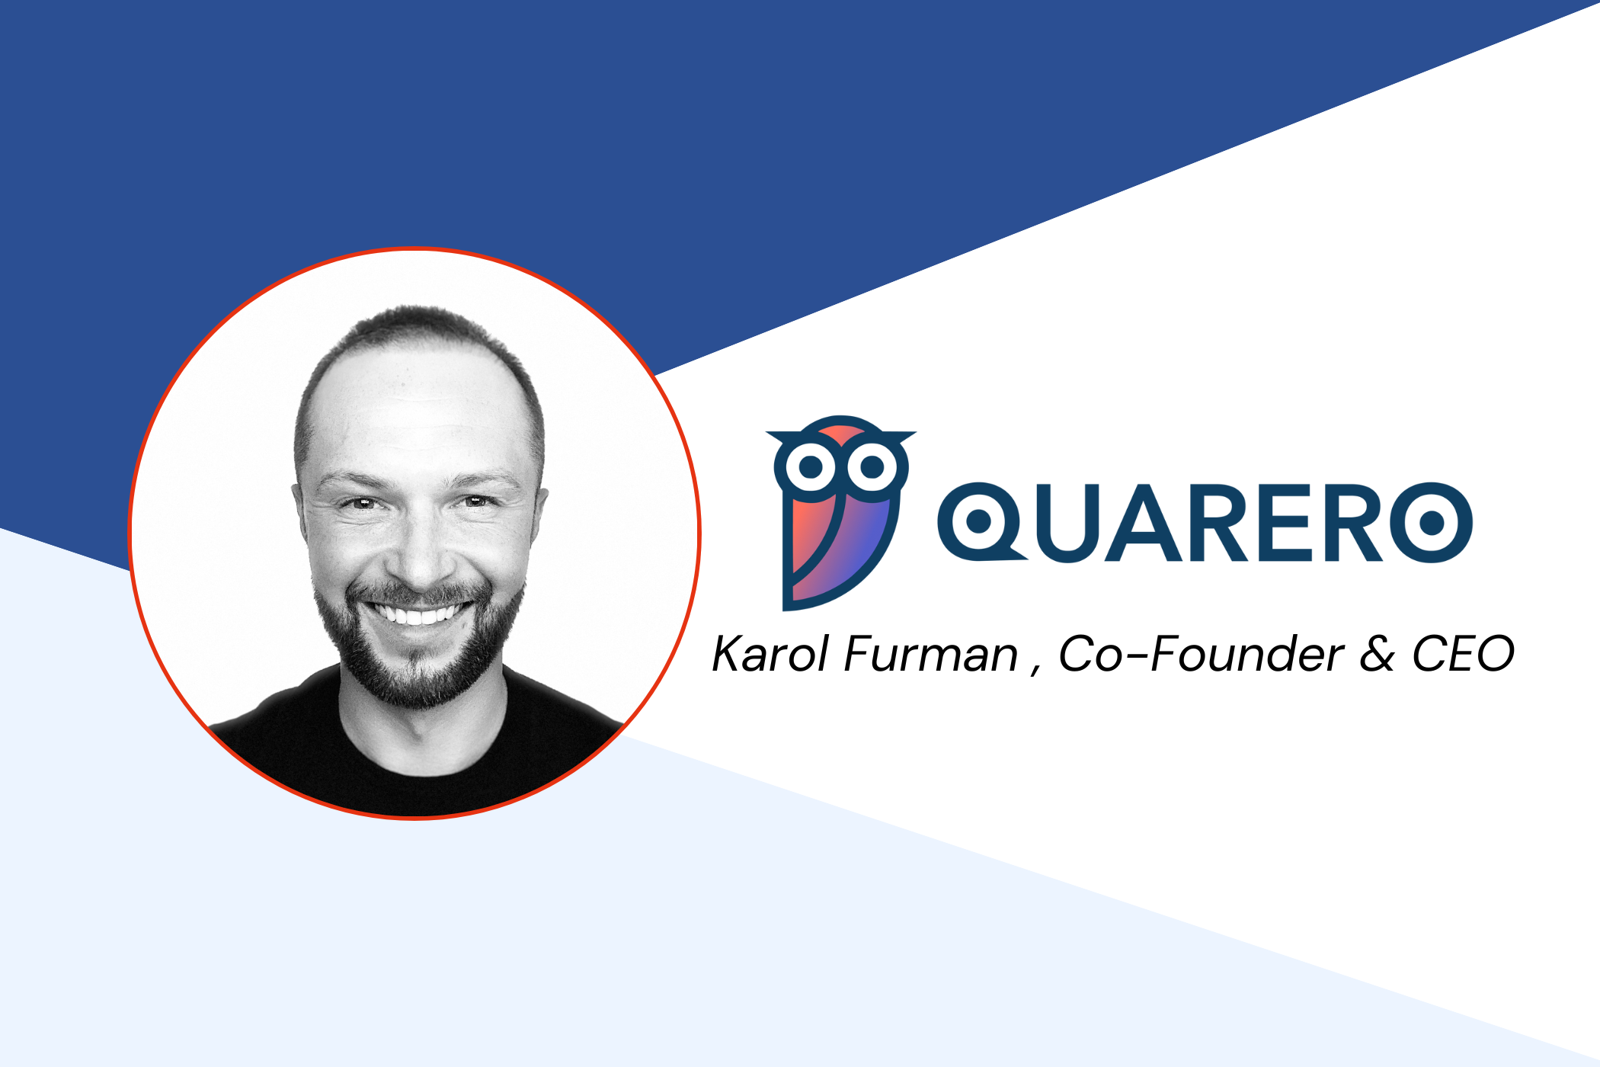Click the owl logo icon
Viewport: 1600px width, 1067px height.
tap(840, 512)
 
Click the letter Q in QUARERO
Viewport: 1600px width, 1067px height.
tap(981, 523)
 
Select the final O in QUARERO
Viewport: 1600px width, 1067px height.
tap(1432, 523)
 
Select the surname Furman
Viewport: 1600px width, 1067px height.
tap(931, 654)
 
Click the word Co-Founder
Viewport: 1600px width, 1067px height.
tap(1201, 654)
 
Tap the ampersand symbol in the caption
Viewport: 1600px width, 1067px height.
tap(1378, 655)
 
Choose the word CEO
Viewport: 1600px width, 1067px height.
tap(1463, 654)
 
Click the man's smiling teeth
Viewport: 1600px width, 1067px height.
tap(418, 613)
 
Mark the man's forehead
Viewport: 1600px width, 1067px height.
tap(419, 412)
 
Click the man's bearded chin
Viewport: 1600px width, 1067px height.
tap(418, 671)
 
